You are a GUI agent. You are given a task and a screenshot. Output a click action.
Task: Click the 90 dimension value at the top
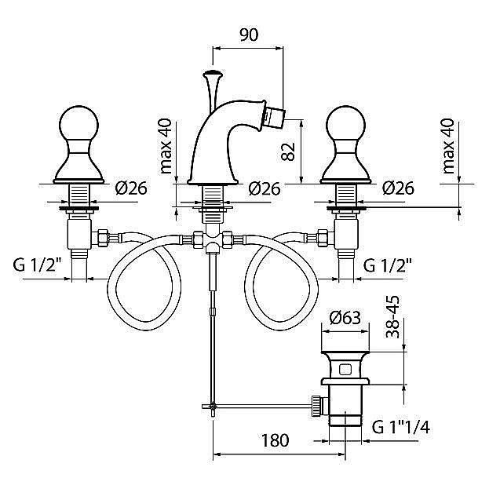248,34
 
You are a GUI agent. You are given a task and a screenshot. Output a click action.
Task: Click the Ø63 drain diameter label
345,318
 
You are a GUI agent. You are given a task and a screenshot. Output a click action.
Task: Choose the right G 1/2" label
388,265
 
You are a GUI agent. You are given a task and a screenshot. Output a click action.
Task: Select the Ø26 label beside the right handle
399,188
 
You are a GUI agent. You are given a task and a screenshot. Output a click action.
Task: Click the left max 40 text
166,146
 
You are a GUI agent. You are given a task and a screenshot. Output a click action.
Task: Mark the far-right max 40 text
448,146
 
